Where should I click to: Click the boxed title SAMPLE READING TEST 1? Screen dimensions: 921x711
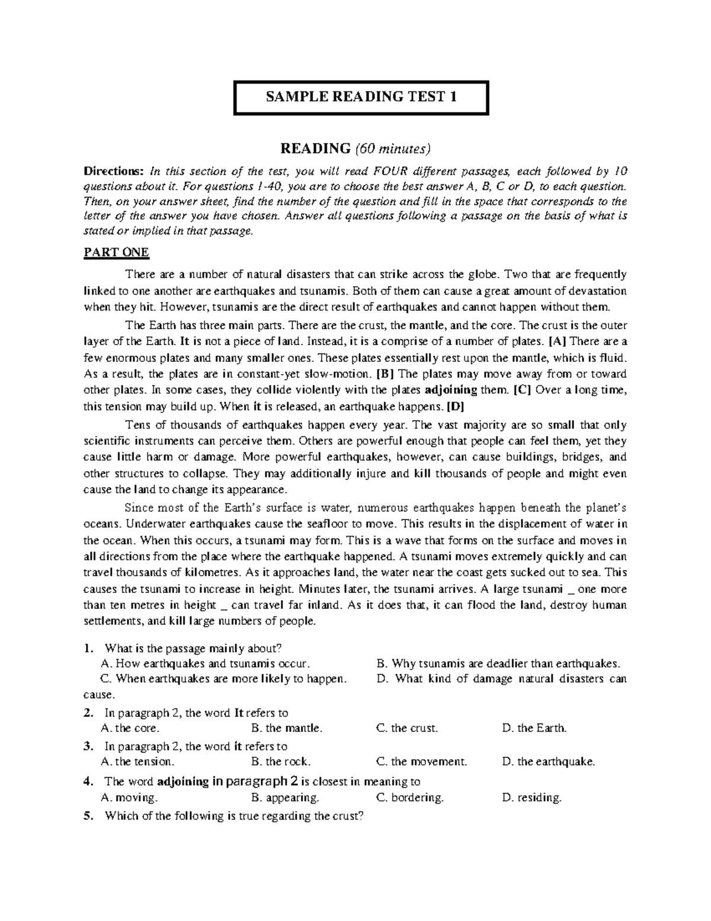[x=361, y=97]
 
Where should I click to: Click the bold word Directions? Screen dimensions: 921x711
[x=113, y=172]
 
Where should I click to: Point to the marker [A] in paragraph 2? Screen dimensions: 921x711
[x=558, y=342]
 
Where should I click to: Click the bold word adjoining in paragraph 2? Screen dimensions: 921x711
[x=451, y=390]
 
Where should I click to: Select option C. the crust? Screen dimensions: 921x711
[x=407, y=728]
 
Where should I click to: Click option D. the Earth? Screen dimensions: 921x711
[x=534, y=728]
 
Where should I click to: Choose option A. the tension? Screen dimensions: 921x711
[x=138, y=761]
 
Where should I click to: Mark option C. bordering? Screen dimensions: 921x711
[x=410, y=798]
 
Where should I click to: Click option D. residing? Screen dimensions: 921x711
[x=531, y=798]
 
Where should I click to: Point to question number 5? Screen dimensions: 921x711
[x=88, y=815]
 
